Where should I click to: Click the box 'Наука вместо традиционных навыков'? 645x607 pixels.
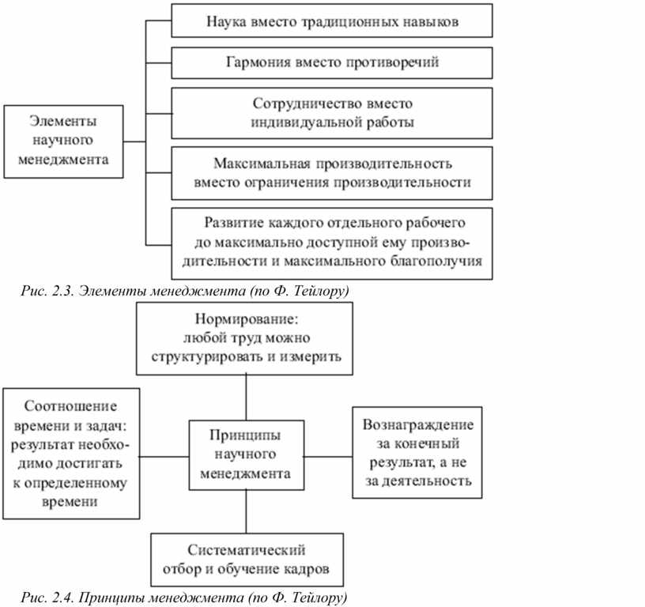[331, 21]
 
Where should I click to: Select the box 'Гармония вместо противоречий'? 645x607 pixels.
[331, 62]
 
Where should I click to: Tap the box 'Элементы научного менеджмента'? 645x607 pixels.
[63, 141]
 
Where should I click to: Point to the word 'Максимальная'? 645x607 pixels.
[262, 164]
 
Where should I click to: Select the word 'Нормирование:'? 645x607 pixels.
[246, 319]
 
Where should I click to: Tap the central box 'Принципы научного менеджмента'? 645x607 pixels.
[247, 454]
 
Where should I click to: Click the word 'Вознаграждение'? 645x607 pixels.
[417, 424]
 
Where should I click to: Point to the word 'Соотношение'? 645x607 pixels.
[70, 406]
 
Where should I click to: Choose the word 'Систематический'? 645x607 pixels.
[247, 550]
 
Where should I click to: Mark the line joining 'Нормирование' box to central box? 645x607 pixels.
[246, 398]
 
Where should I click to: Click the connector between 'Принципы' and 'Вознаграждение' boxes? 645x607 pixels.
[328, 457]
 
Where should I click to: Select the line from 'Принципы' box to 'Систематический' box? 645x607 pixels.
[246, 511]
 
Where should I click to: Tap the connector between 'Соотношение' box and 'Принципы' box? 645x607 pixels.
[164, 457]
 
